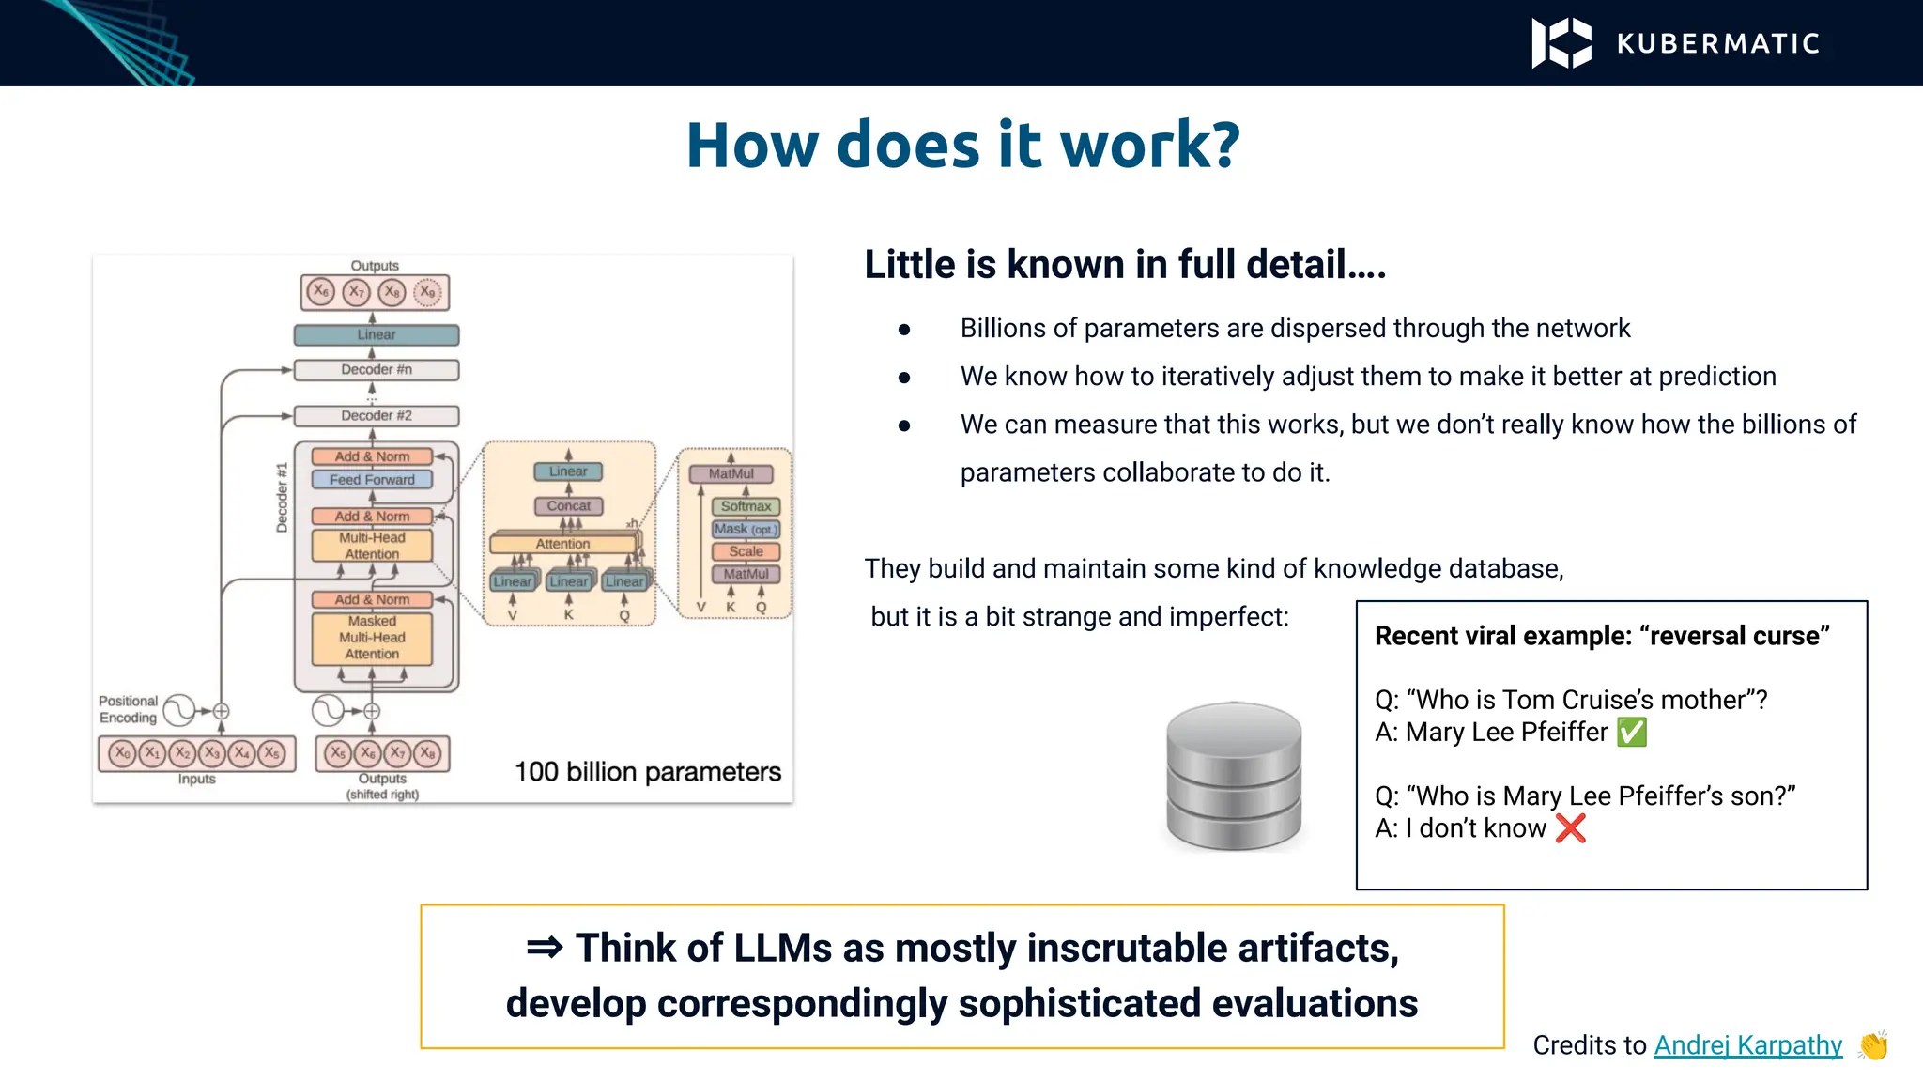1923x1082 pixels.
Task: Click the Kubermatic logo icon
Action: click(x=1561, y=43)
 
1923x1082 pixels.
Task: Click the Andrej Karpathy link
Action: click(x=1747, y=1044)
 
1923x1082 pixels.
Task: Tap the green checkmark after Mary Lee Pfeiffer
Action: click(x=1632, y=732)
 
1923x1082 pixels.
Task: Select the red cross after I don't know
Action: click(x=1570, y=827)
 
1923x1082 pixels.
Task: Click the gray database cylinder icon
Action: click(x=1234, y=776)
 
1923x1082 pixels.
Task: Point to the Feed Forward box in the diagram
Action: click(x=372, y=480)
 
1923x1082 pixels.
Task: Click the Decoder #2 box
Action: click(x=377, y=415)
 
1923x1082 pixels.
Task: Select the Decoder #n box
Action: click(x=377, y=369)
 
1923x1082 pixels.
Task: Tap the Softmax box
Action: click(x=746, y=506)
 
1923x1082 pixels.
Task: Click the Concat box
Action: click(x=569, y=506)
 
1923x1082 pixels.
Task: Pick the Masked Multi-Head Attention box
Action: click(x=372, y=638)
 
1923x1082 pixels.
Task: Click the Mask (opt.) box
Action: click(x=746, y=529)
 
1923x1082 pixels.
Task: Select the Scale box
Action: click(x=746, y=551)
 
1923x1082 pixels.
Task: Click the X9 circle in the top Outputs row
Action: click(x=428, y=292)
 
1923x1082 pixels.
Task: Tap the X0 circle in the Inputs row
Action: click(x=122, y=753)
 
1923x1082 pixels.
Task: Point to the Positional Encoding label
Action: click(x=129, y=709)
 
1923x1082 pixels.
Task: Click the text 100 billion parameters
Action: click(x=647, y=772)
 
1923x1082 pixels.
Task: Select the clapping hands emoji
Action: click(x=1873, y=1044)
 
